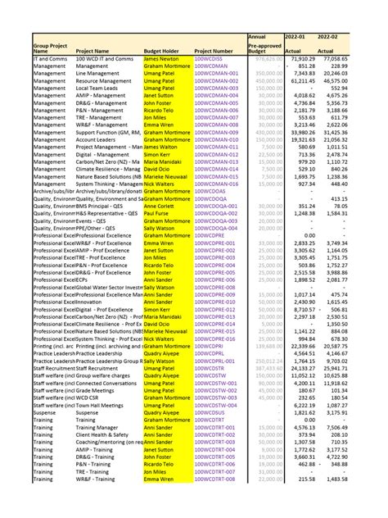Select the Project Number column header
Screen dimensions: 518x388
pos(216,51)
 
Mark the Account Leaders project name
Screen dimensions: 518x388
pos(96,140)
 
